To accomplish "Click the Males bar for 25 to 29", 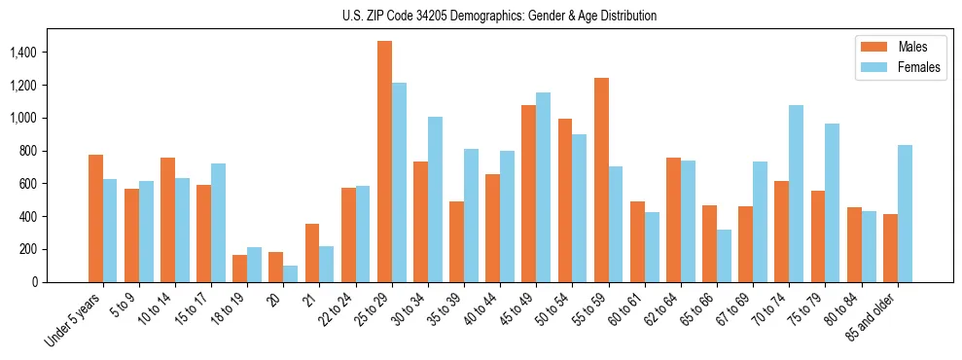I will (384, 162).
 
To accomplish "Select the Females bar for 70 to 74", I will (796, 194).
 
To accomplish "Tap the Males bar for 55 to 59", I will (601, 180).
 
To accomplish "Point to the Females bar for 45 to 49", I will (543, 187).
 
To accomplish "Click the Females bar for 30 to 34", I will (435, 199).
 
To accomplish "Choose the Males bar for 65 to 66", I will (709, 243).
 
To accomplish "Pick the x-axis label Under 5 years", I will (73, 319).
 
